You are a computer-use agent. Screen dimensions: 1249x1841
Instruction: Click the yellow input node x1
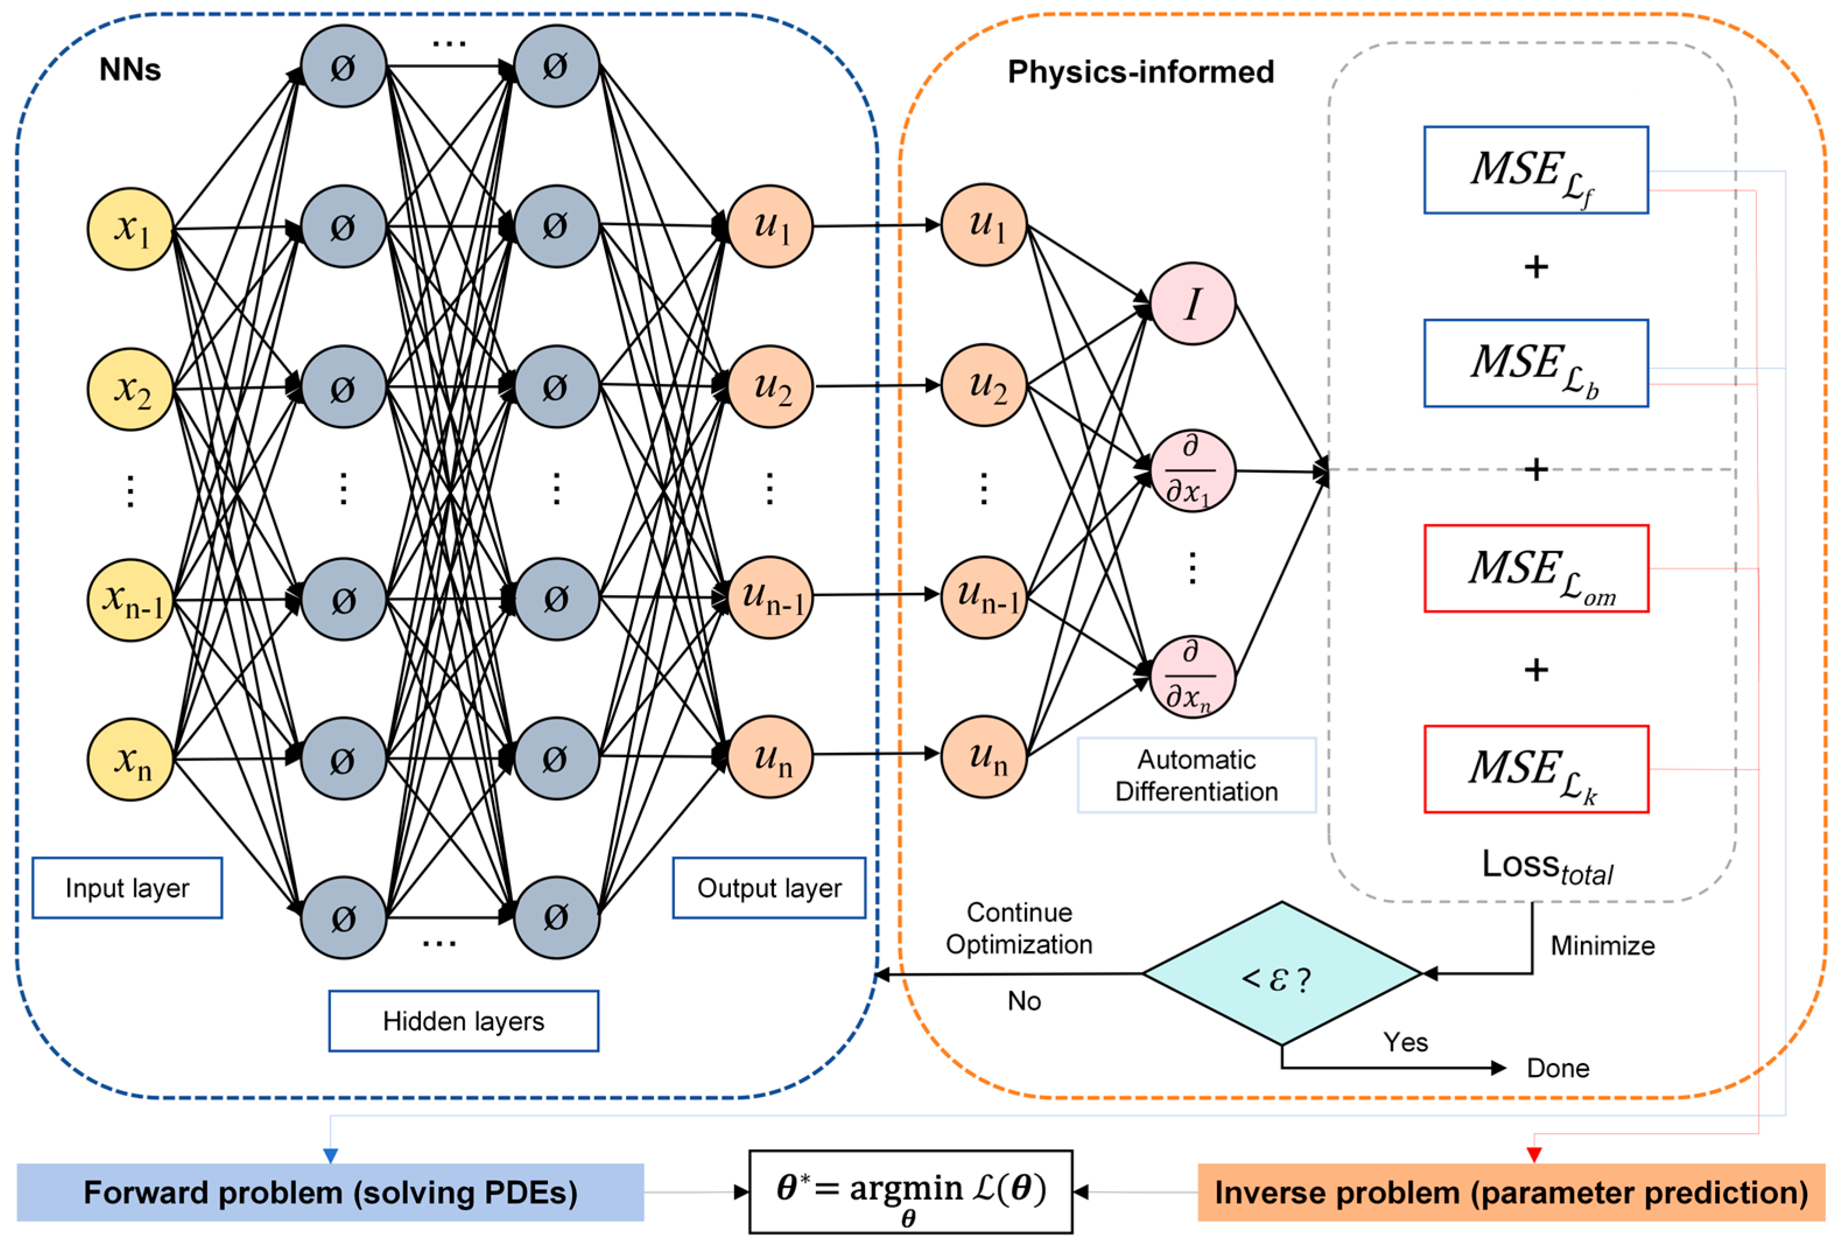130,229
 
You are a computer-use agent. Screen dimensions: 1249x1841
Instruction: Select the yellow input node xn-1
130,600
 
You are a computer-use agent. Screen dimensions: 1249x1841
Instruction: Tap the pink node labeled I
1192,303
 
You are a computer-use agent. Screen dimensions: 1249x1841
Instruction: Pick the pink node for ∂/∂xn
1192,677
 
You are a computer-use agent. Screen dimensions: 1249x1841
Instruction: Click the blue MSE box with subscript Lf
1535,170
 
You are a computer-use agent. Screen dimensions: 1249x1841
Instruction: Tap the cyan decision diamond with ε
1281,974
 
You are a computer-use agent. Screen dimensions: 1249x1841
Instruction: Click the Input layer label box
126,888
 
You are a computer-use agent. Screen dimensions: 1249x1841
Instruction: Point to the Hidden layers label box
463,1021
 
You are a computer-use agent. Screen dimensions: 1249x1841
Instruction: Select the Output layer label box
769,888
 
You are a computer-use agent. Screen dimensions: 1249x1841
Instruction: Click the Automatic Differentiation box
1196,775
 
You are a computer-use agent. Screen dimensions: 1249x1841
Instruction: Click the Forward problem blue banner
330,1192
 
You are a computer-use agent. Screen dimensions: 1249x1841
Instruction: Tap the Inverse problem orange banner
1511,1192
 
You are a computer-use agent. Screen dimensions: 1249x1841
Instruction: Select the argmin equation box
910,1192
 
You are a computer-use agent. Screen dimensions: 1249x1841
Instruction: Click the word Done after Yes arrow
1557,1068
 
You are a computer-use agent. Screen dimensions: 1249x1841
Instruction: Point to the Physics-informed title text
1140,72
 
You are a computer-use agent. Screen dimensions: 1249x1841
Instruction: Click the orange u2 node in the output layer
769,386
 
